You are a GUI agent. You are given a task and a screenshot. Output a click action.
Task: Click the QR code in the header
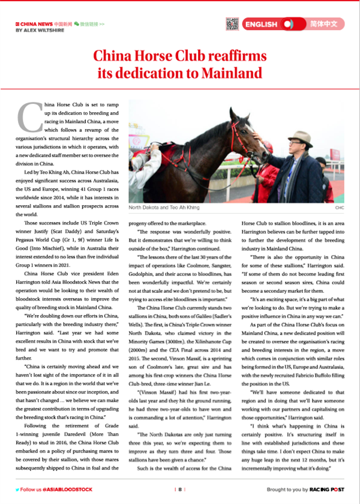232,24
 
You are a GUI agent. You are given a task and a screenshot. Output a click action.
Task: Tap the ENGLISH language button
260,25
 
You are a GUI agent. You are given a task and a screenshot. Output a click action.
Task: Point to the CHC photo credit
340,208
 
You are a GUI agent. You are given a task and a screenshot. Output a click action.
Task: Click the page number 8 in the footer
179,490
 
